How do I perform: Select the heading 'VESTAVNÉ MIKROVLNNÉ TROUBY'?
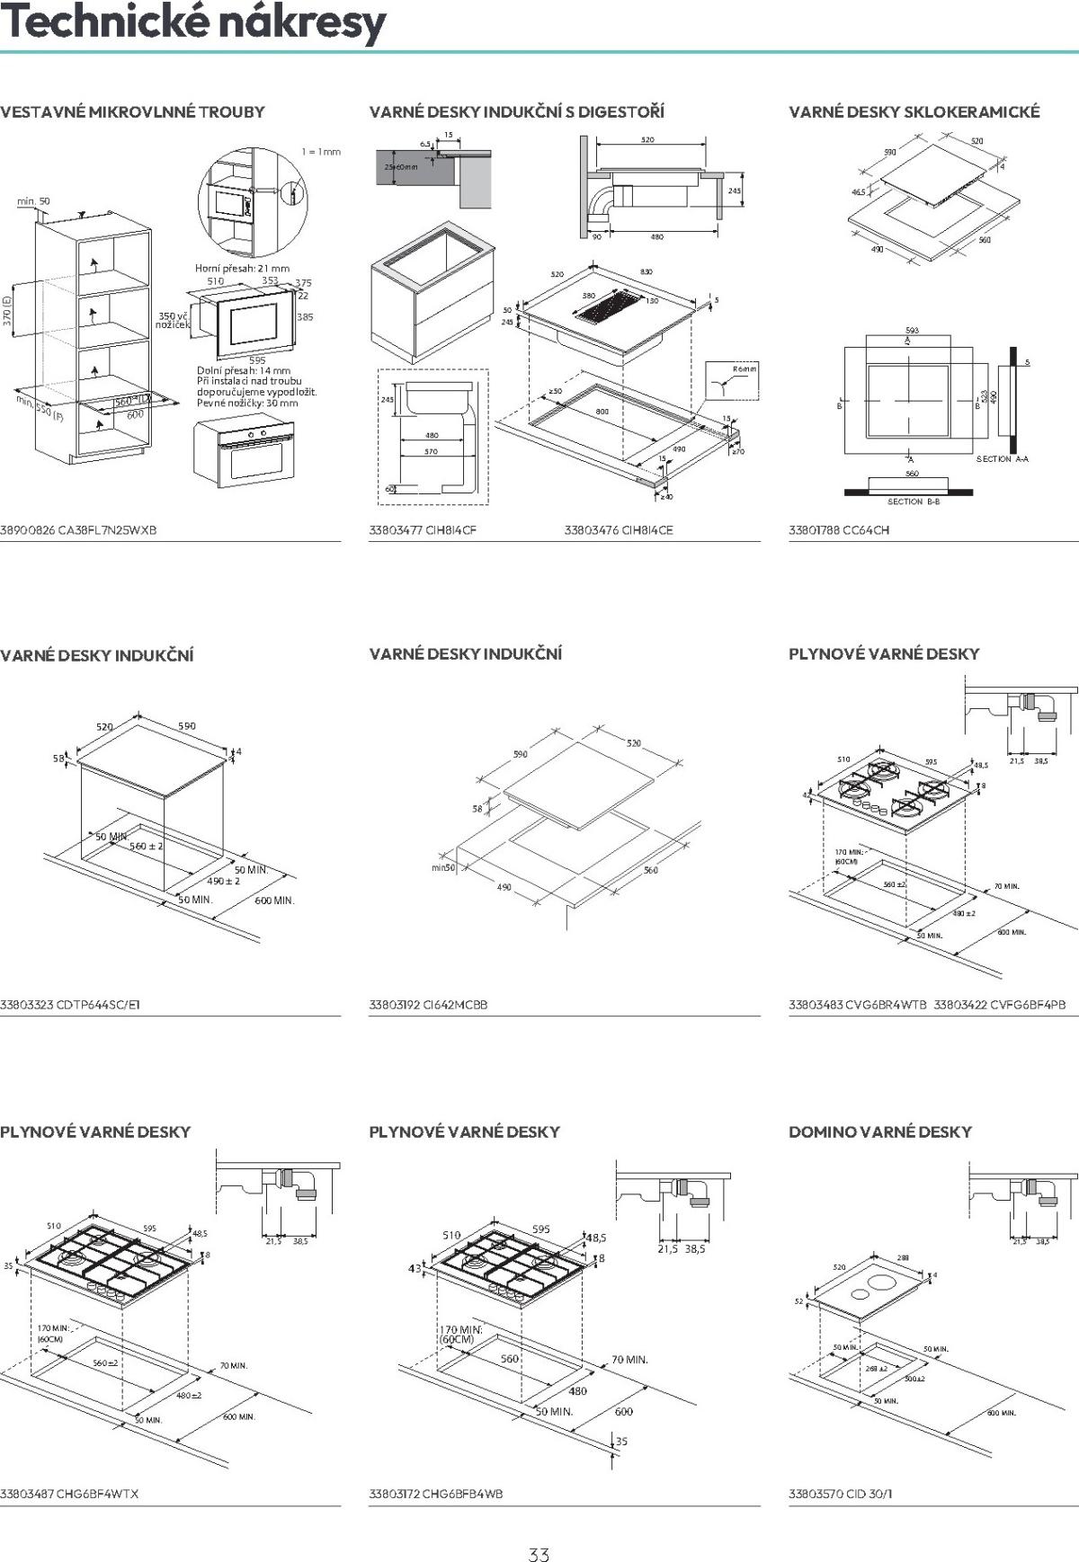tap(133, 112)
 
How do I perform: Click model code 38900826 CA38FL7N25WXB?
tap(78, 530)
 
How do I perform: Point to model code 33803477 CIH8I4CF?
tap(423, 530)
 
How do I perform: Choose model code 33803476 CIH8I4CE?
tap(619, 530)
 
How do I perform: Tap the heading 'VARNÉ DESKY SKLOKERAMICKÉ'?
tap(914, 112)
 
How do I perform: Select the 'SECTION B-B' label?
tap(914, 501)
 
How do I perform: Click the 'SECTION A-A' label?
tap(1003, 459)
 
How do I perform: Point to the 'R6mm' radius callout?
tap(745, 369)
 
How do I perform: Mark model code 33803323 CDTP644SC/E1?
tap(70, 1005)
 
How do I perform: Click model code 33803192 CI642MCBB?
tap(428, 1005)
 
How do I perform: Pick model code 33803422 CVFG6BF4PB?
tap(1000, 1005)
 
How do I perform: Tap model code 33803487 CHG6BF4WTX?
tap(69, 1494)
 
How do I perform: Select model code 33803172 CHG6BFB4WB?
tap(436, 1494)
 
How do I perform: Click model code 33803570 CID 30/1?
tap(841, 1494)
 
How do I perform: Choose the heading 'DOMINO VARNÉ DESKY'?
tap(880, 1132)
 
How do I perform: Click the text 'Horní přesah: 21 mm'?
tap(243, 268)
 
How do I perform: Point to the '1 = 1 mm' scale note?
tap(321, 152)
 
